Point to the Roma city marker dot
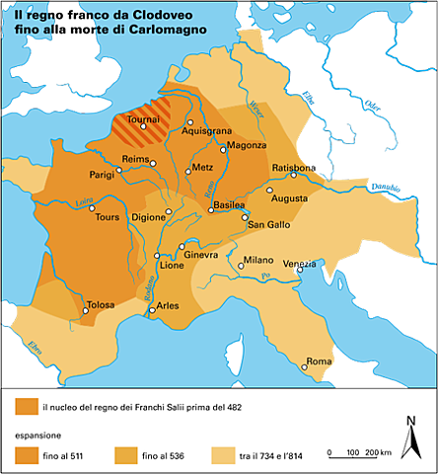point(305,368)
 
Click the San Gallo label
point(268,226)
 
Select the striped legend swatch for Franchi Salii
point(25,406)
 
